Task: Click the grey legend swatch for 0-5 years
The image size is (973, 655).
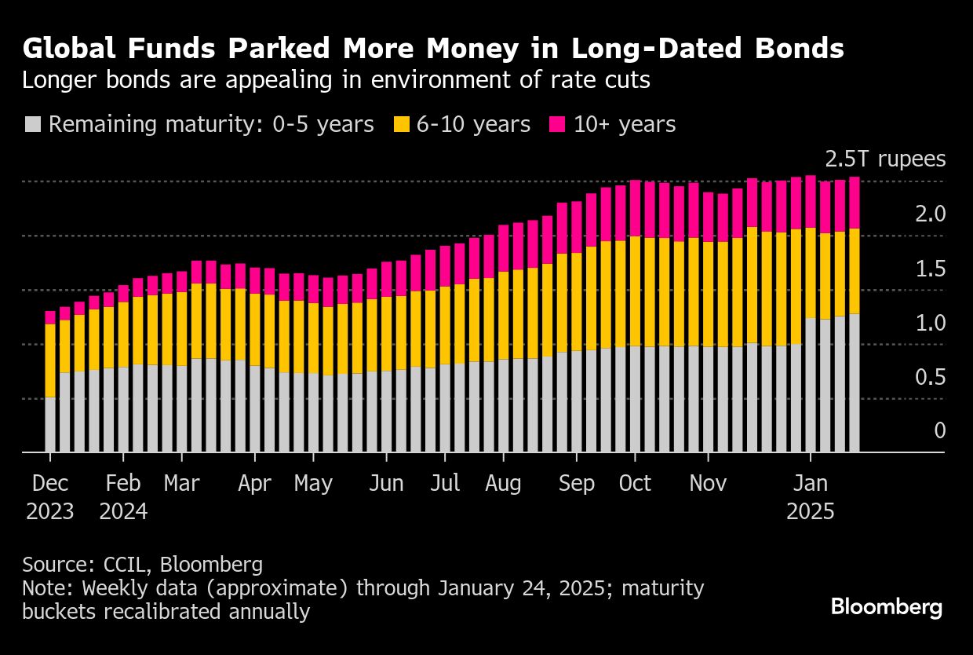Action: tap(32, 124)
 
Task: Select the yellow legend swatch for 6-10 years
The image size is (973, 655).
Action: tap(401, 124)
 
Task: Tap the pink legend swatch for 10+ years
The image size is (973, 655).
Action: tap(558, 124)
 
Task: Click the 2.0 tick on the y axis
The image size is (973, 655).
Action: tap(931, 214)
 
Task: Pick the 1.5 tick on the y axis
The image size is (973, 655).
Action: tap(931, 269)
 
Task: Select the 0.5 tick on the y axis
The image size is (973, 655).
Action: tap(931, 378)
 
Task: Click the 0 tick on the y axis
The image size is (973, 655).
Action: tap(939, 431)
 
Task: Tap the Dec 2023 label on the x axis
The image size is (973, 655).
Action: tap(50, 497)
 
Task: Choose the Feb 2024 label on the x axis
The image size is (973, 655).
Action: tap(123, 497)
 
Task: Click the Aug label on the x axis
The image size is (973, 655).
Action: tap(503, 483)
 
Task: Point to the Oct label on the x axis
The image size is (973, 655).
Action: tap(635, 483)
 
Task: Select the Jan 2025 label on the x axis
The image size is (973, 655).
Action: tap(811, 497)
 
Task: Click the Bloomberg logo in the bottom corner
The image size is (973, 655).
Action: tap(886, 607)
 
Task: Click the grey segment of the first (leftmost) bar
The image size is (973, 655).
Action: tap(50, 425)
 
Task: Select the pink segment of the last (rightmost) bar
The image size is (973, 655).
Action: tap(855, 203)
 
